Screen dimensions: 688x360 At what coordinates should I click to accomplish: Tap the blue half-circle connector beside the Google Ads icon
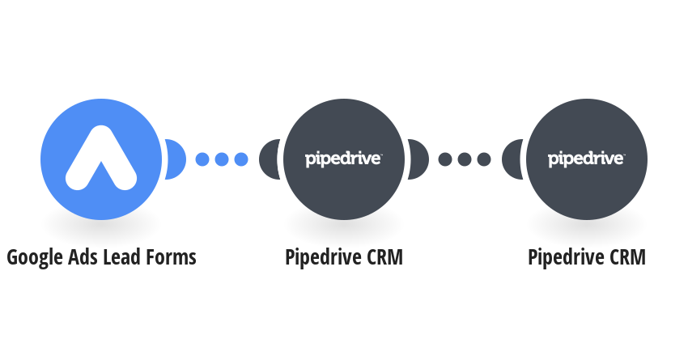pyautogui.click(x=176, y=159)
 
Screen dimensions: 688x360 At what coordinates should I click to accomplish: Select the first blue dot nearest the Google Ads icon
pyautogui.click(x=202, y=159)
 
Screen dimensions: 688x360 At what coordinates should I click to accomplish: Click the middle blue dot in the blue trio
pyautogui.click(x=222, y=159)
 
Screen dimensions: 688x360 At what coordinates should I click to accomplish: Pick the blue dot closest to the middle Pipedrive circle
pyautogui.click(x=241, y=159)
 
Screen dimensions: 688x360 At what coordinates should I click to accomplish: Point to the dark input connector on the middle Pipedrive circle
pyautogui.click(x=269, y=159)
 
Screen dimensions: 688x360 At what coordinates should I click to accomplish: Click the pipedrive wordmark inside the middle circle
pyautogui.click(x=343, y=159)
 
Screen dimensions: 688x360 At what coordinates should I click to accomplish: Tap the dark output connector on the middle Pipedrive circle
pyautogui.click(x=418, y=159)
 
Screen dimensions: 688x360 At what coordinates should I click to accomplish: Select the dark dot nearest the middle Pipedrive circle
pyautogui.click(x=445, y=159)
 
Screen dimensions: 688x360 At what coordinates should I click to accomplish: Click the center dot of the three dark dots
pyautogui.click(x=465, y=159)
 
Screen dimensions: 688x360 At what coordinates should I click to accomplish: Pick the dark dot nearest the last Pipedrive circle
pyautogui.click(x=484, y=159)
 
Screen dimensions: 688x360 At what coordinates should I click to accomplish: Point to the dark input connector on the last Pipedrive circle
pyautogui.click(x=512, y=159)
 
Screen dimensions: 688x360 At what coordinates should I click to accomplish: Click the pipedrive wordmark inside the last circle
pyautogui.click(x=586, y=159)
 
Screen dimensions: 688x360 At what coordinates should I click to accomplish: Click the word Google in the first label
pyautogui.click(x=35, y=258)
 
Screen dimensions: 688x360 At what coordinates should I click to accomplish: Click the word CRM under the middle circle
pyautogui.click(x=384, y=257)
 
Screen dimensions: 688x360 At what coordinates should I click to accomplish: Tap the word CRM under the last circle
pyautogui.click(x=627, y=257)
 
